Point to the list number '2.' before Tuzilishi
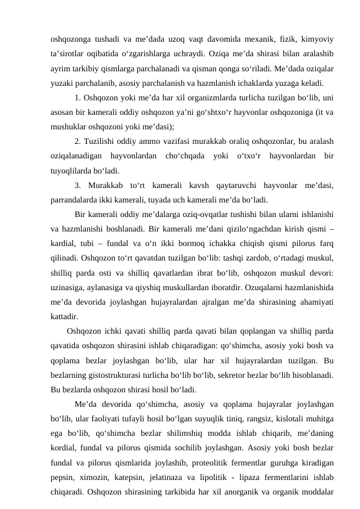click(79, 141)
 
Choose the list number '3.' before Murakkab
click(79, 185)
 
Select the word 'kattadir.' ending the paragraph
click(64, 316)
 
